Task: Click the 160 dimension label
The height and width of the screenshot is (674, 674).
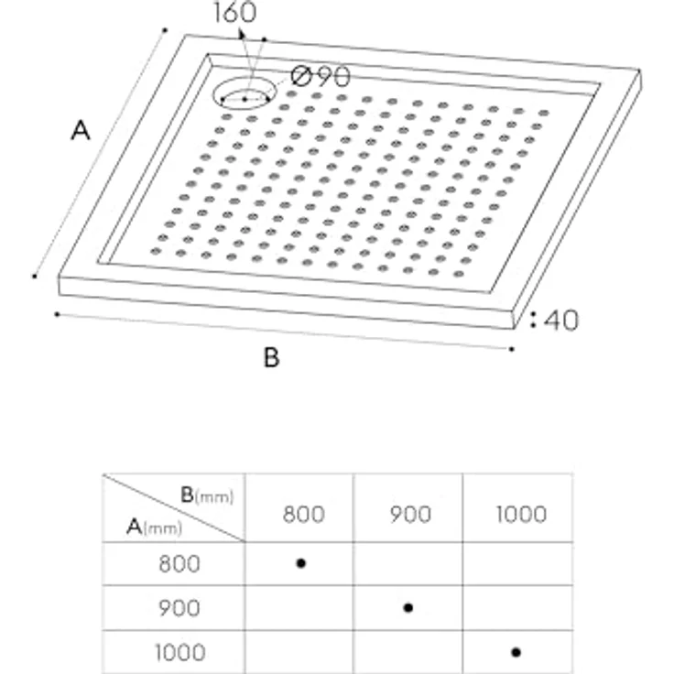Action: tap(234, 14)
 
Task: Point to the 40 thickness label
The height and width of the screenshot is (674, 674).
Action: tap(561, 321)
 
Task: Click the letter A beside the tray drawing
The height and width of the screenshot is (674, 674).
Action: tap(82, 132)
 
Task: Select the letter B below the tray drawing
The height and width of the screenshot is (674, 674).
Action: tap(271, 358)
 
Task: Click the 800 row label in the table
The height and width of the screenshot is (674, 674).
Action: tap(179, 563)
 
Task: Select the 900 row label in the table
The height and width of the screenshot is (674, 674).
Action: tap(179, 608)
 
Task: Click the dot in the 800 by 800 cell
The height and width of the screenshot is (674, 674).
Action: tap(300, 562)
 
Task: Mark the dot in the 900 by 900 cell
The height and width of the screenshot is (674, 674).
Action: tap(408, 607)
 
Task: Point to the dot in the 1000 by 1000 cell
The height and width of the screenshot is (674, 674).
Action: tap(516, 652)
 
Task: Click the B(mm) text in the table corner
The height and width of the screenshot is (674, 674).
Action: tap(206, 495)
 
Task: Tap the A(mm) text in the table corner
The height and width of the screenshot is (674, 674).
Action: tap(154, 526)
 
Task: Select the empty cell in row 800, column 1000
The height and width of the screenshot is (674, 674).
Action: tap(516, 563)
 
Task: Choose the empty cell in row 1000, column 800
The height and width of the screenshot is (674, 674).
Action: tap(299, 652)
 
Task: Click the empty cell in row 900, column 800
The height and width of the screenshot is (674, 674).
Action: tap(299, 608)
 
